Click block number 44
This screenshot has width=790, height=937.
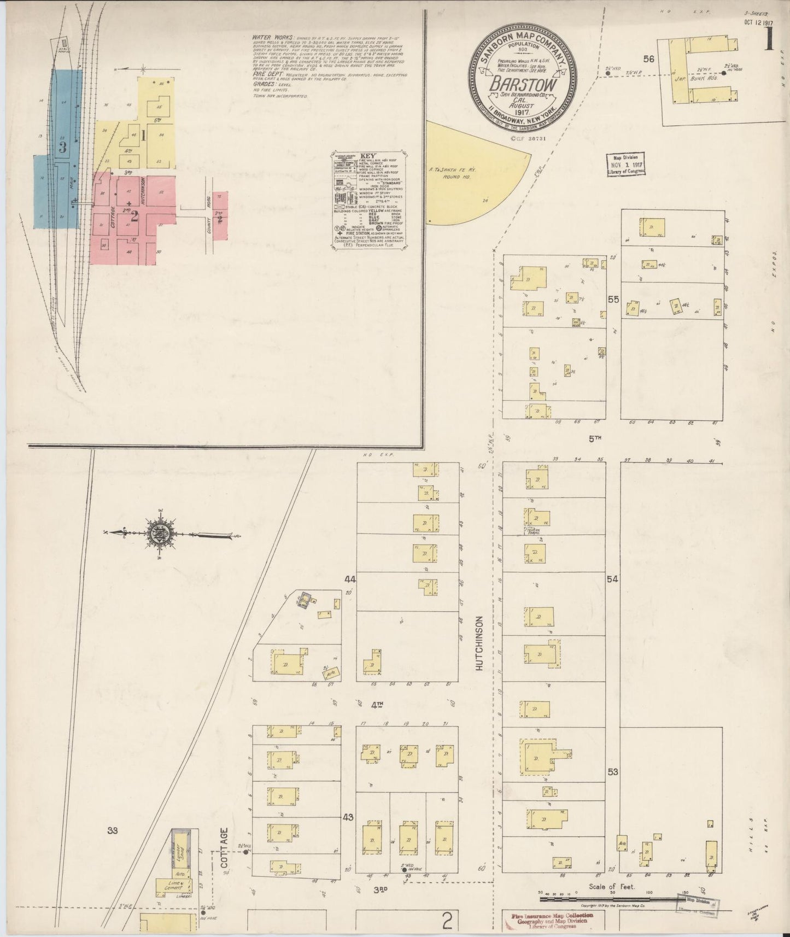349,578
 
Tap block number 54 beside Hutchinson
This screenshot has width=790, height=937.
612,578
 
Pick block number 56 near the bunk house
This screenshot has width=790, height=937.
649,59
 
